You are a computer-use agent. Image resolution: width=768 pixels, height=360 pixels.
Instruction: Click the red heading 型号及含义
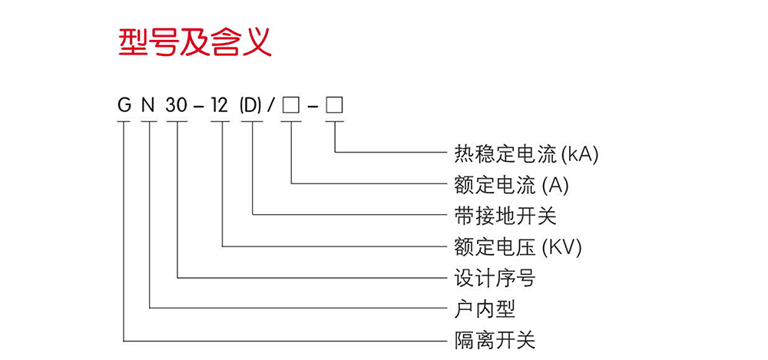tap(195, 43)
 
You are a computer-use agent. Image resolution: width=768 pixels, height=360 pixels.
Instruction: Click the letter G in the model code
tap(124, 105)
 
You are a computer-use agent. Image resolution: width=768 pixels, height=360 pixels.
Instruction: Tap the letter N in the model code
tap(148, 105)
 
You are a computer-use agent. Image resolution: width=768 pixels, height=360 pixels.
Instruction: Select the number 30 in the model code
tap(177, 105)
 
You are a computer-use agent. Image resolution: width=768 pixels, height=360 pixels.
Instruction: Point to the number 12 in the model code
tap(220, 105)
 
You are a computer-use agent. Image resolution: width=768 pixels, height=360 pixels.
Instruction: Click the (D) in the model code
tap(251, 105)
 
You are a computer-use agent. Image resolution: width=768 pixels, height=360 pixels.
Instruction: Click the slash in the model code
tap(271, 105)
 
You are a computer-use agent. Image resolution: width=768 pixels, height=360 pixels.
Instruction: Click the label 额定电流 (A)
tap(511, 185)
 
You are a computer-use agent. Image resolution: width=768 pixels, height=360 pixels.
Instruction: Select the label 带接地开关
tap(505, 216)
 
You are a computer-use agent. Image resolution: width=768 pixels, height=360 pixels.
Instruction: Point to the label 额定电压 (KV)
tap(518, 247)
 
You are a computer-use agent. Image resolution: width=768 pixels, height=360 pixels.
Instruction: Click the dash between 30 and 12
tap(198, 107)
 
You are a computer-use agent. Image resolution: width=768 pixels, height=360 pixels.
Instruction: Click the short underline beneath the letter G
tap(124, 121)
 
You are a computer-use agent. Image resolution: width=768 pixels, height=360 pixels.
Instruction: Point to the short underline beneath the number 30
tap(177, 121)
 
